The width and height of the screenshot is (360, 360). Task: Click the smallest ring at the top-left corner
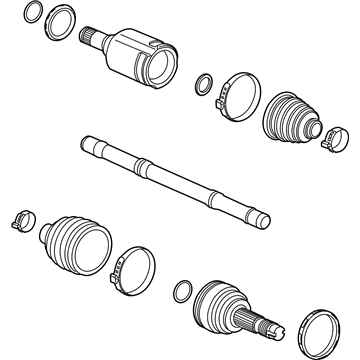34,13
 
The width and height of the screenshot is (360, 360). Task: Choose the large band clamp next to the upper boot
237,92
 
